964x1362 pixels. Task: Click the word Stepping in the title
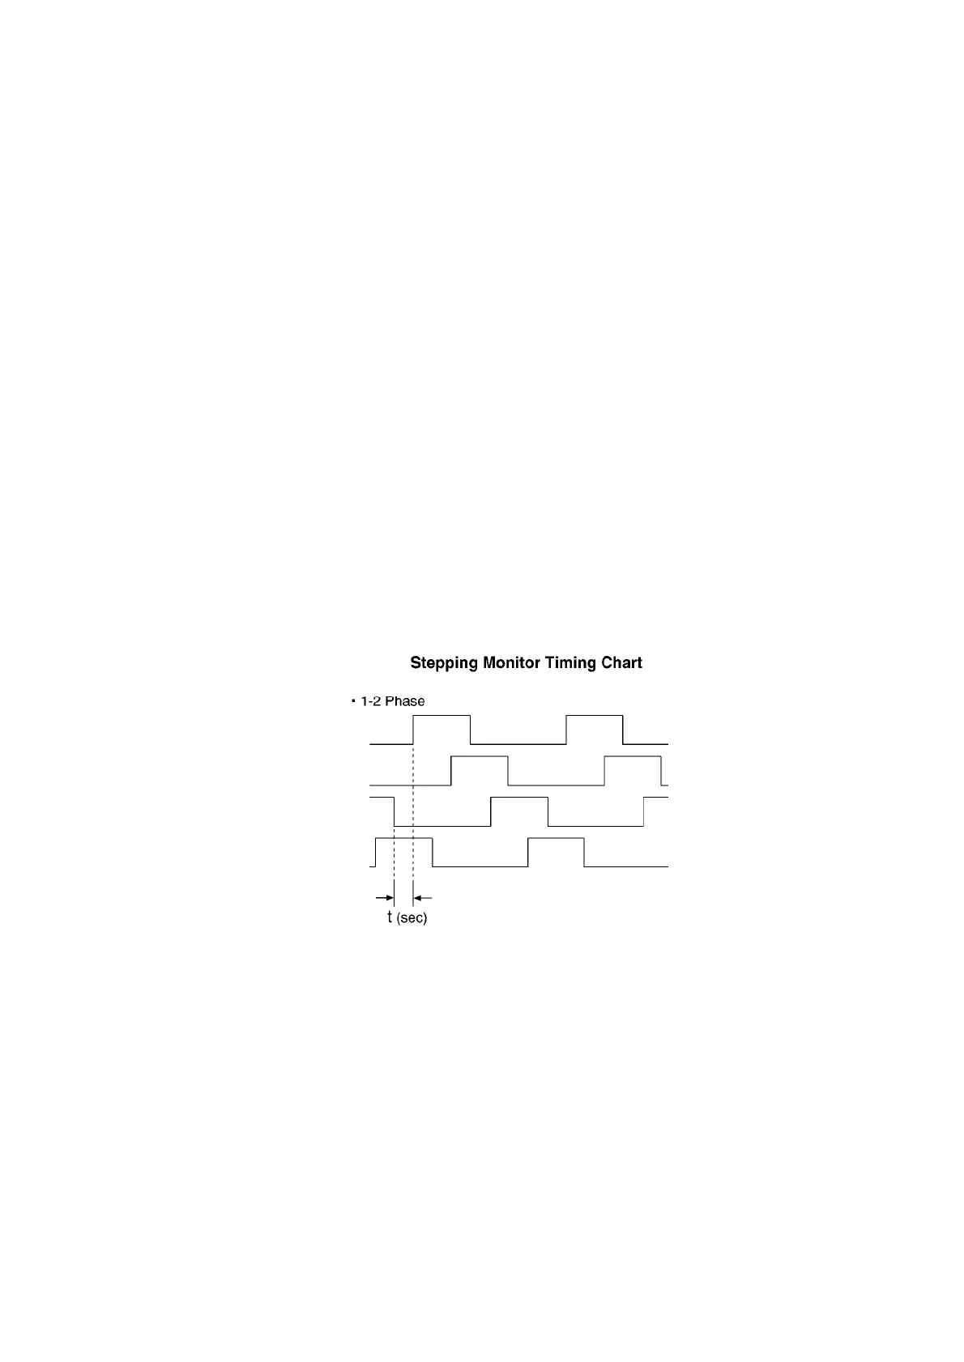click(x=444, y=662)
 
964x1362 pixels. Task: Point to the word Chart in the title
click(x=621, y=662)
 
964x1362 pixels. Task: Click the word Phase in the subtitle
click(x=404, y=701)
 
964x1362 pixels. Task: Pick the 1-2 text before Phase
click(x=370, y=701)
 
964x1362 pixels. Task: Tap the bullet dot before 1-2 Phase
click(x=353, y=701)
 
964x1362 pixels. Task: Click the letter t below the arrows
click(x=390, y=917)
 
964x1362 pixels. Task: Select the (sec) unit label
click(x=412, y=918)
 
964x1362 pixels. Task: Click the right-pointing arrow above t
click(x=384, y=897)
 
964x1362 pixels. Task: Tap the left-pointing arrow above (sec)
click(x=423, y=897)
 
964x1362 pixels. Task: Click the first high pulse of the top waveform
click(x=441, y=716)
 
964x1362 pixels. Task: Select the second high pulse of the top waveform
click(x=595, y=716)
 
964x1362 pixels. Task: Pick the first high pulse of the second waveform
click(x=480, y=756)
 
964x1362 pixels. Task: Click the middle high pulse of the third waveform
click(x=519, y=797)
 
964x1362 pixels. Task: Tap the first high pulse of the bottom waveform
click(x=404, y=838)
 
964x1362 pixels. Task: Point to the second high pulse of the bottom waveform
click(x=556, y=838)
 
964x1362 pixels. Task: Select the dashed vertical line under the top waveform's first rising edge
click(x=413, y=820)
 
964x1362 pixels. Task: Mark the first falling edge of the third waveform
click(x=395, y=811)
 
